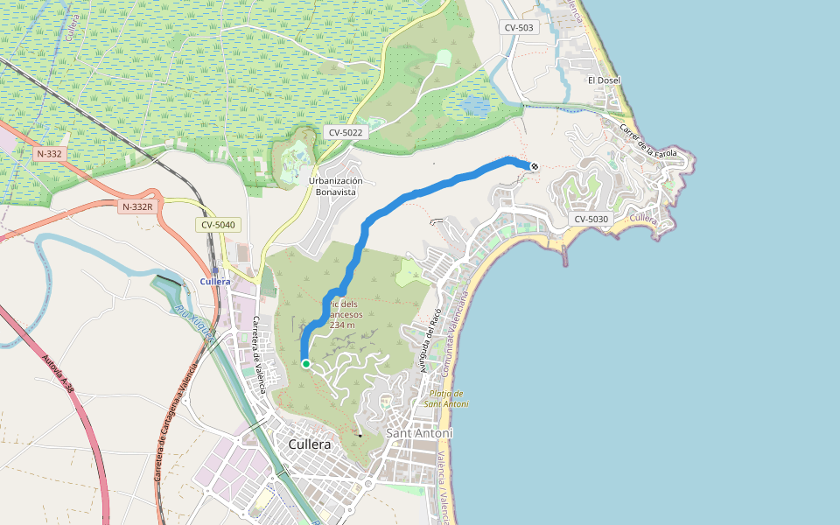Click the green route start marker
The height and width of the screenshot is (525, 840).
(305, 364)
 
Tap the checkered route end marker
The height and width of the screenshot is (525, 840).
(534, 166)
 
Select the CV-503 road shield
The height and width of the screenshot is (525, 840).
(519, 28)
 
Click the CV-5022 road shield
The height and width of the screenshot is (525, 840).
(346, 132)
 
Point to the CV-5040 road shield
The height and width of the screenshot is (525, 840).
(218, 225)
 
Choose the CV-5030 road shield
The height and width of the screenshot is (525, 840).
(592, 219)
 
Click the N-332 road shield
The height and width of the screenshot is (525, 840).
(49, 154)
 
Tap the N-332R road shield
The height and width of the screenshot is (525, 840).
(137, 206)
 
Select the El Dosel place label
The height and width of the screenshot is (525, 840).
(604, 80)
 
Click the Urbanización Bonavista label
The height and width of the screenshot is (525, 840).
(336, 185)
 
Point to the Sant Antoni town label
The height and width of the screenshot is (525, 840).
(419, 433)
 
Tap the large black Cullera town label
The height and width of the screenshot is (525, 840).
(310, 444)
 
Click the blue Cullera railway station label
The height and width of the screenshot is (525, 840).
(215, 282)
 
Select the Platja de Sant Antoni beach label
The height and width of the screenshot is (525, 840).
(446, 398)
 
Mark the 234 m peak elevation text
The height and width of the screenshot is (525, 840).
(342, 325)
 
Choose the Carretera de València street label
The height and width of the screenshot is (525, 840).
(256, 346)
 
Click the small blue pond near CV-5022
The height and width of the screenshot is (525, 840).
(476, 106)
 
